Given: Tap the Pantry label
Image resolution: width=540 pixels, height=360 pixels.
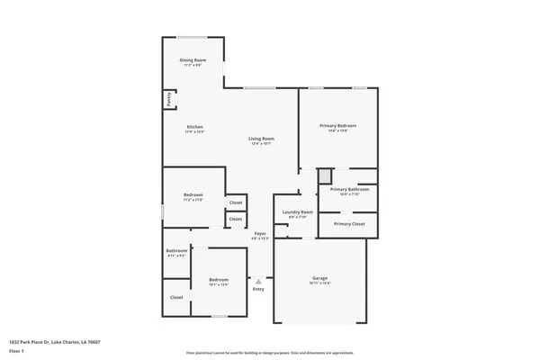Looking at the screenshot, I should (x=168, y=99).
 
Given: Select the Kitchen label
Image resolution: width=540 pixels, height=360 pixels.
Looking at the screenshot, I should (x=195, y=127).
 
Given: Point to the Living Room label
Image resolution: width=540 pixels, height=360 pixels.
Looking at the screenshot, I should (x=261, y=139).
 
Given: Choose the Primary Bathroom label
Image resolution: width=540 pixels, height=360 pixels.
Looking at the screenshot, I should (x=350, y=190).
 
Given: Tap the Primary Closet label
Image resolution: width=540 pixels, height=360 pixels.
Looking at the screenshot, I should (x=349, y=223).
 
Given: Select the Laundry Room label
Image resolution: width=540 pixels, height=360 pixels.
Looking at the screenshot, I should (x=297, y=212).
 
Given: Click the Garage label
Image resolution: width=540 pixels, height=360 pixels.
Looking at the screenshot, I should (x=319, y=278).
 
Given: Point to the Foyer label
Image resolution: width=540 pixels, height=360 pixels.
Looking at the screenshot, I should (x=260, y=234).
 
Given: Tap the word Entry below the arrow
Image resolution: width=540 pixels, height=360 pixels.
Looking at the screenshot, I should (x=259, y=290).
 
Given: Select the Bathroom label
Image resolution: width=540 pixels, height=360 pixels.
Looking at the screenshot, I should (x=176, y=250).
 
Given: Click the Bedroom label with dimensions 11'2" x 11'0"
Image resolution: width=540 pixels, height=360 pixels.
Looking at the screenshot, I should (x=193, y=195).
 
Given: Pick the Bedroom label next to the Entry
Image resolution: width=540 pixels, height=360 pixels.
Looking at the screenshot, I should (x=219, y=279).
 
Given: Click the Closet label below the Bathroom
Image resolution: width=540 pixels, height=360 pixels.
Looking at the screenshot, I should (x=176, y=297).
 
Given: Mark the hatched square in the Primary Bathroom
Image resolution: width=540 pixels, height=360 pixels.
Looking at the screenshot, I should (x=326, y=176).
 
